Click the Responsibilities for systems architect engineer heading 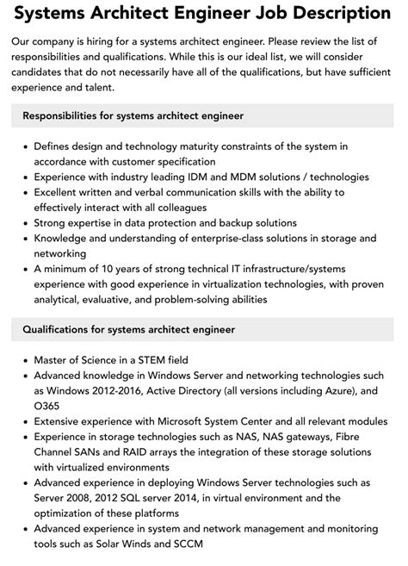point(133,115)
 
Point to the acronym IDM point(180,176)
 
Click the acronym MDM point(229,176)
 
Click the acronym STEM point(150,359)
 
